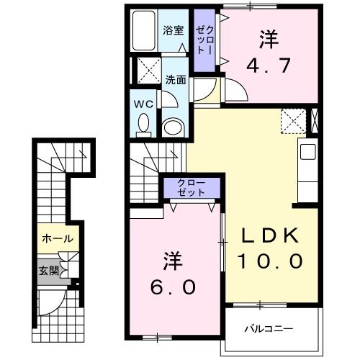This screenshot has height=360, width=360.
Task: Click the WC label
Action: pos(143,104)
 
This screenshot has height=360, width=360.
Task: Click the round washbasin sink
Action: pos(174,128)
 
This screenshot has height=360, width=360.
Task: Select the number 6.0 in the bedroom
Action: pos(173,287)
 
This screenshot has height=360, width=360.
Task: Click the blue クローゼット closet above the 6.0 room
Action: pos(191,189)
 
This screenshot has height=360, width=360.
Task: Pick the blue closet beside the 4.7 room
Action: pos(205,42)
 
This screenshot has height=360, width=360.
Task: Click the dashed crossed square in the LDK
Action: pos(292,120)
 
